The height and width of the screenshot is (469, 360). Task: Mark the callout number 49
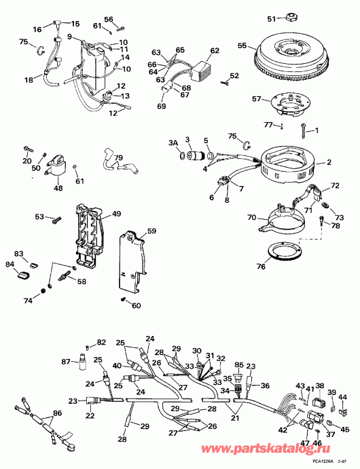click(x=117, y=214)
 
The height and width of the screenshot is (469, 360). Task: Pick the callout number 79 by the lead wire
click(x=118, y=158)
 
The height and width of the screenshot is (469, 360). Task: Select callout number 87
click(x=67, y=362)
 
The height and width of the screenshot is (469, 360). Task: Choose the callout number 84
click(x=10, y=264)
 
